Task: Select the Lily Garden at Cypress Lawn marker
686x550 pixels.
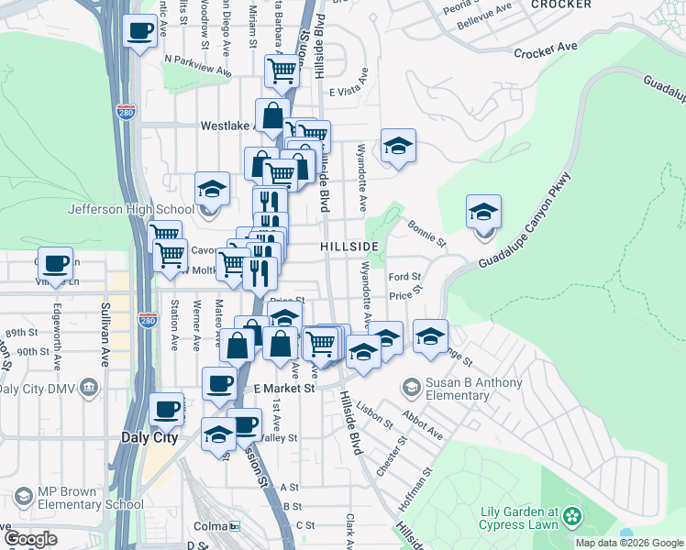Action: coord(573,518)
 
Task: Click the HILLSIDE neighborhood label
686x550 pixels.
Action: coord(349,247)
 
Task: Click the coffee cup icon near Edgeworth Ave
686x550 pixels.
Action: coord(55,264)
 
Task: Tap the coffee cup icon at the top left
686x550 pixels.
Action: coord(139,32)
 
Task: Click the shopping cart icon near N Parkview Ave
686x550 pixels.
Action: coord(282,71)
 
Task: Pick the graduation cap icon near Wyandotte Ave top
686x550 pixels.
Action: coord(398,146)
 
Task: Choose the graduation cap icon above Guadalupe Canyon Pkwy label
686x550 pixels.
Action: coord(483,213)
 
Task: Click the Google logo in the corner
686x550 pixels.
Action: coord(30,539)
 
